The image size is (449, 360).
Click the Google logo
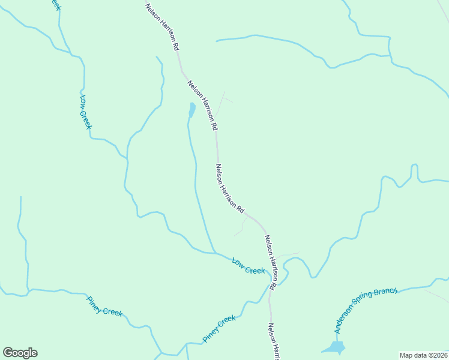(x=20, y=353)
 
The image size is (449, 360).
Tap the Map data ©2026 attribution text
(x=424, y=355)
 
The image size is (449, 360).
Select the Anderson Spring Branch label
(x=366, y=310)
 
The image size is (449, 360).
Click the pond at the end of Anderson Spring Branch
(x=334, y=347)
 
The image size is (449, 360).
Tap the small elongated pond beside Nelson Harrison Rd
(x=191, y=110)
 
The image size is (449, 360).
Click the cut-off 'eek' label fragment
(x=55, y=4)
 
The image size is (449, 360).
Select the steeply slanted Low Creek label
(x=85, y=112)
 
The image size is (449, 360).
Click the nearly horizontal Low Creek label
(x=249, y=266)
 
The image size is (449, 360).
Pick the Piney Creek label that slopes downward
(x=104, y=307)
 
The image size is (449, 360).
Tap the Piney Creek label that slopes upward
(x=219, y=329)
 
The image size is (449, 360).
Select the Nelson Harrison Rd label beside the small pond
(x=202, y=106)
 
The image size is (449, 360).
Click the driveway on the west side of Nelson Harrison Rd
(x=242, y=226)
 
